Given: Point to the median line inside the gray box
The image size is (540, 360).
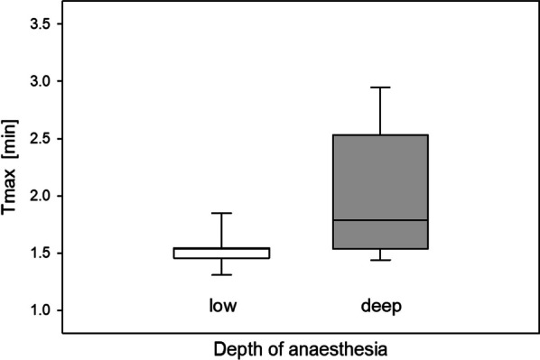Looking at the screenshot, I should point(380,220).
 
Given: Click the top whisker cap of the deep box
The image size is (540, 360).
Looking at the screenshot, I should point(380,88).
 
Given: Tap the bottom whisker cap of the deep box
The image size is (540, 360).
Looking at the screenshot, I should point(380,260).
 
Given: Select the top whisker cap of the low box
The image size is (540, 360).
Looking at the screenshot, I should point(221,213).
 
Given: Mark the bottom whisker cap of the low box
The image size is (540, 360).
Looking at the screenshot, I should point(221,274).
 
